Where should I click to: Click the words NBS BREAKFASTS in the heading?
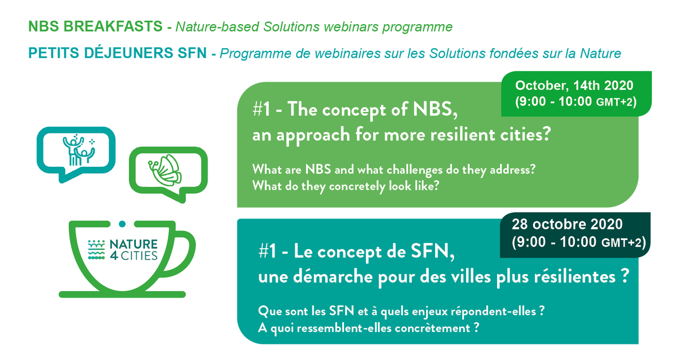point(95,26)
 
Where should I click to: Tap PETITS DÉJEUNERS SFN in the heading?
point(118,53)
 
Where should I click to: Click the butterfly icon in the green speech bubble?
point(165,170)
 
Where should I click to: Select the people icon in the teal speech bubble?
point(79,150)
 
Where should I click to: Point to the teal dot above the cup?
point(122,224)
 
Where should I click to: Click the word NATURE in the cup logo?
point(134,245)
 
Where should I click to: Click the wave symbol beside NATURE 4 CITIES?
point(96,249)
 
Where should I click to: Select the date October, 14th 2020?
point(574,85)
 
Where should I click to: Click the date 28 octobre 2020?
point(567,224)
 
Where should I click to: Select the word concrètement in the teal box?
point(432,328)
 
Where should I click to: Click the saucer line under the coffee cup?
point(122,294)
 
